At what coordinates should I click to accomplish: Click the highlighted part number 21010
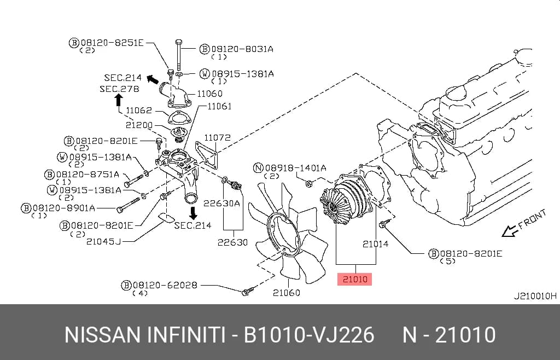tap(354, 279)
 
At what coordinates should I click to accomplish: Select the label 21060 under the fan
tap(287, 293)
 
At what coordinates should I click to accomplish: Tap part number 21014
tap(375, 244)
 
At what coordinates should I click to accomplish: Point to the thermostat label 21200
tap(139, 125)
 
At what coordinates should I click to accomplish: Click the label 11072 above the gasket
tap(217, 137)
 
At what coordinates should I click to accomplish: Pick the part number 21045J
tap(103, 242)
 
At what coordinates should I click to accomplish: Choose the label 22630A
tap(221, 203)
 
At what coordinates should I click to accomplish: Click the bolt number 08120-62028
tap(165, 285)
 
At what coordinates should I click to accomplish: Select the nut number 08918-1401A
tap(295, 167)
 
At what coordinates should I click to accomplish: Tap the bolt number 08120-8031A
tap(242, 49)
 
